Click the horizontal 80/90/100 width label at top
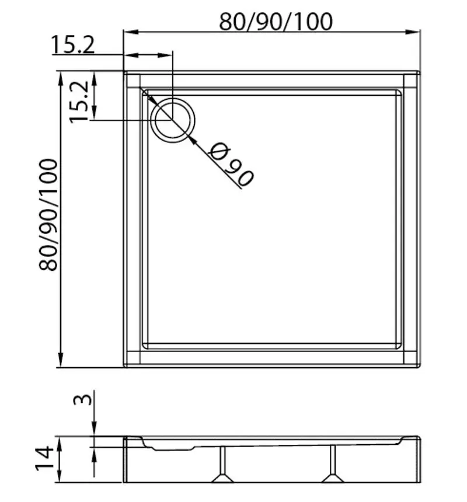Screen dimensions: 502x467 coord(276,22)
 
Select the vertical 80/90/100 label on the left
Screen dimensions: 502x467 coord(48,214)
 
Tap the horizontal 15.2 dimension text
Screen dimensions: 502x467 coord(73,44)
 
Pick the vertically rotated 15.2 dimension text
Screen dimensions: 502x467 coord(79,101)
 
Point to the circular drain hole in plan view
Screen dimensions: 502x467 coord(173,119)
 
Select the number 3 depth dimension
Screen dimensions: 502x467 coord(83,400)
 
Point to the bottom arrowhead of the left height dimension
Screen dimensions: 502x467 coord(61,362)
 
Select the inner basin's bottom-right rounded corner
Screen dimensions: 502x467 coord(399,344)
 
